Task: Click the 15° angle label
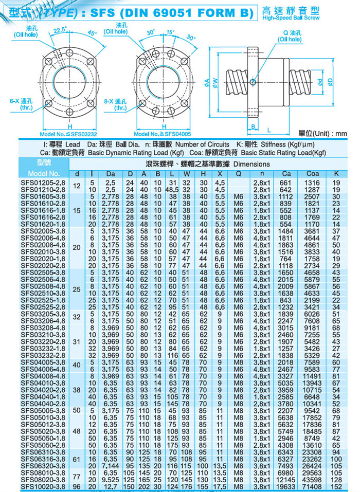click(170, 34)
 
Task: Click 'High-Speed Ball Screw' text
click(291, 18)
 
